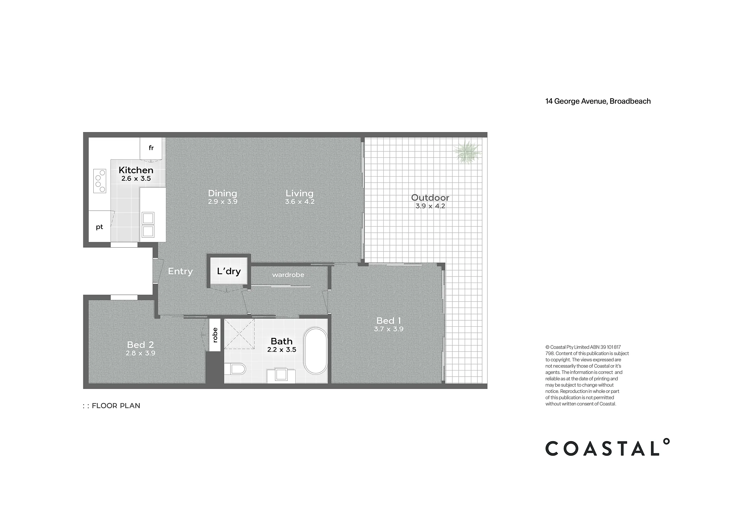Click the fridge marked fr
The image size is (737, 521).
point(151,148)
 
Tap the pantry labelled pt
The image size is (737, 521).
point(99,227)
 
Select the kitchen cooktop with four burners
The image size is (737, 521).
point(100,181)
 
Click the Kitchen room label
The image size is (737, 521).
point(136,170)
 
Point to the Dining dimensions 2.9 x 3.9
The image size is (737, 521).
point(223,202)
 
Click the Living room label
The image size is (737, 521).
point(300,194)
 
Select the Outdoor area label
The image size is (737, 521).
point(430,198)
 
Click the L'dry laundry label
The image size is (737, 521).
point(229,271)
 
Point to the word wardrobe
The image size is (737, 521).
point(288,275)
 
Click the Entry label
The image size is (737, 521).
point(180,271)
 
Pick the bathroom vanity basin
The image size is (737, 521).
point(282,374)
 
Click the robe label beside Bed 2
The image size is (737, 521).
point(215,335)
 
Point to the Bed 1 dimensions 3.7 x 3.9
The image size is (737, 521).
point(389,329)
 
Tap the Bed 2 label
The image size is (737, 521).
point(141,345)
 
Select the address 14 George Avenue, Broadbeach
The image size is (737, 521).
point(598,101)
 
